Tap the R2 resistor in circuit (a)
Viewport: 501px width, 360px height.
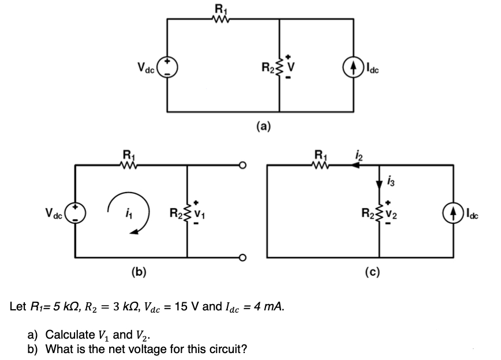[x=280, y=65]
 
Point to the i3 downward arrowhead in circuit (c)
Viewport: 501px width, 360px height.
[x=379, y=183]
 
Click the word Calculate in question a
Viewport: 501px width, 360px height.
[x=69, y=335]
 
